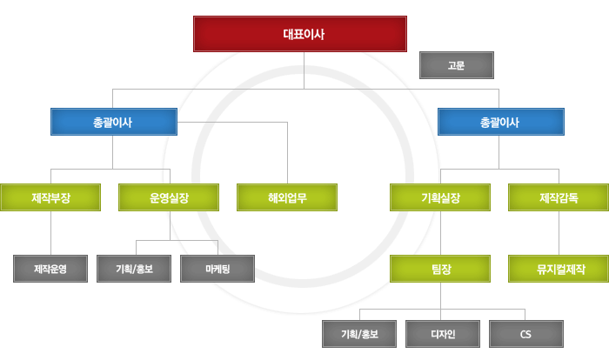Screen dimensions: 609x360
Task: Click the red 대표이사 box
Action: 300,34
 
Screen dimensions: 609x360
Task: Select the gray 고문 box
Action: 457,65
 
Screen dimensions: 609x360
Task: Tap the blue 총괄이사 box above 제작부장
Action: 114,122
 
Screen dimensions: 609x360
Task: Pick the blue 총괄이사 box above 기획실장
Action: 500,122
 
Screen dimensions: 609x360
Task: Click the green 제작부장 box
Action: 50,197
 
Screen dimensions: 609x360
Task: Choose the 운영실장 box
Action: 169,197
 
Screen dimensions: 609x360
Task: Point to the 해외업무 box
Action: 287,197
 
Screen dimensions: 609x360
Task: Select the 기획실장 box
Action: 440,197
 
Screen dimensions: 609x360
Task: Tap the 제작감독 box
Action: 559,197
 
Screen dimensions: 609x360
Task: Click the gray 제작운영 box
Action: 50,269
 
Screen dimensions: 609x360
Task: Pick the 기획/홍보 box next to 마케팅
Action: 134,269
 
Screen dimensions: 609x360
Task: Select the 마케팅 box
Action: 217,269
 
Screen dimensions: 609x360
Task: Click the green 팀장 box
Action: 440,269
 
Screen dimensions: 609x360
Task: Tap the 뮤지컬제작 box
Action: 559,269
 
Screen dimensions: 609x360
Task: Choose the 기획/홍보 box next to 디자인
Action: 359,334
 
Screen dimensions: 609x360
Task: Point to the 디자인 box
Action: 443,334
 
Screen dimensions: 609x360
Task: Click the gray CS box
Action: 526,334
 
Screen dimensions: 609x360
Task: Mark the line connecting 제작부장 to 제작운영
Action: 50,233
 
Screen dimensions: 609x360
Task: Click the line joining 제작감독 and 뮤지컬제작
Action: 559,233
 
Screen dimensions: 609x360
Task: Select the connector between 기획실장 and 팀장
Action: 440,233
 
